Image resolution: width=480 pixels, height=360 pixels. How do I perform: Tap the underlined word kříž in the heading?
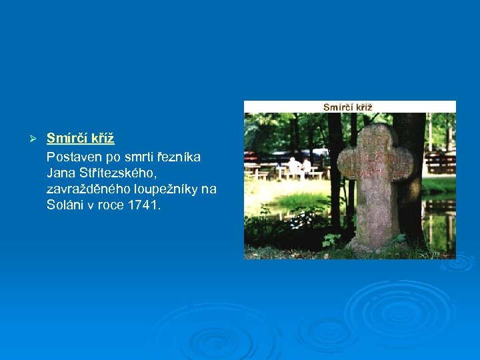(x=103, y=139)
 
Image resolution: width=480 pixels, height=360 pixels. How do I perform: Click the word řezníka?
(x=181, y=157)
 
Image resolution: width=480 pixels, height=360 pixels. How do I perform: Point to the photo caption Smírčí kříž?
(x=348, y=107)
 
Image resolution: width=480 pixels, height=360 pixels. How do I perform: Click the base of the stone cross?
(x=377, y=240)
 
